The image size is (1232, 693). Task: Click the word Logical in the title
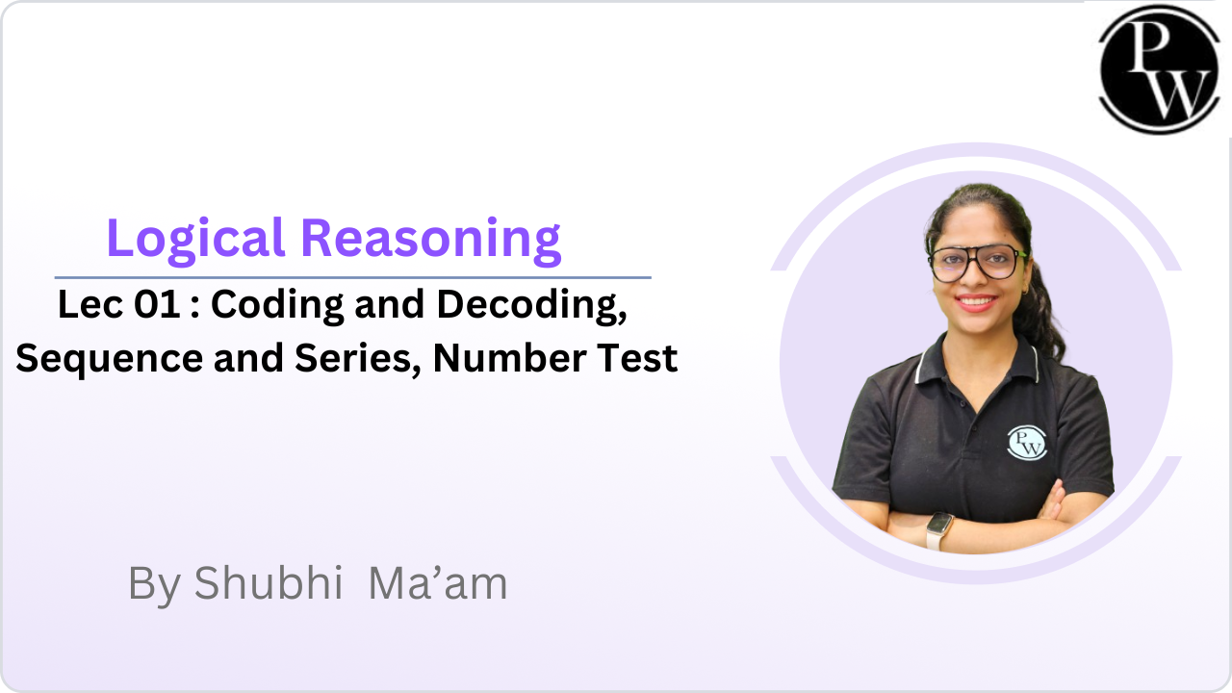click(x=195, y=241)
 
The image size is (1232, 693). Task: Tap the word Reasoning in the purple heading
click(x=431, y=241)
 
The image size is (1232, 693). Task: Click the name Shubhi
click(x=269, y=583)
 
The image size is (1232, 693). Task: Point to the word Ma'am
click(x=438, y=583)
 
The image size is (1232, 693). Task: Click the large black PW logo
click(x=1159, y=69)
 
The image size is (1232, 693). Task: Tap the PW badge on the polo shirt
click(x=1026, y=443)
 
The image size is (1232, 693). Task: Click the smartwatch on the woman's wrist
click(x=938, y=530)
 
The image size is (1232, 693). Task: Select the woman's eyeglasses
click(x=977, y=263)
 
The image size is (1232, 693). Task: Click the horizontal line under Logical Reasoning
click(x=352, y=278)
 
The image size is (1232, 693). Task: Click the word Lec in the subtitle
click(x=90, y=304)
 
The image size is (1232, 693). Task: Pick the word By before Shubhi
click(x=155, y=585)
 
